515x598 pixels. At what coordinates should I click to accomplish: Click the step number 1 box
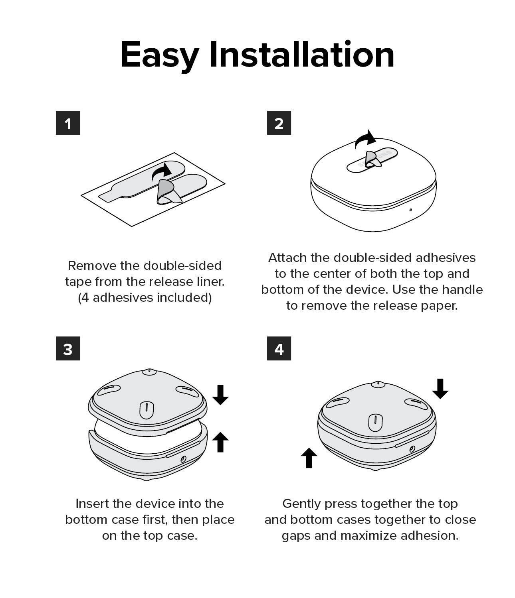pyautogui.click(x=68, y=123)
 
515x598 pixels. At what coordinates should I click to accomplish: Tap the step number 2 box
pyautogui.click(x=279, y=123)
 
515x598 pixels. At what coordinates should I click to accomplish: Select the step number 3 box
pyautogui.click(x=68, y=348)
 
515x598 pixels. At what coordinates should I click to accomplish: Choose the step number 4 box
pyautogui.click(x=279, y=348)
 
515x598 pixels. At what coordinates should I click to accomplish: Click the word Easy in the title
pyautogui.click(x=160, y=55)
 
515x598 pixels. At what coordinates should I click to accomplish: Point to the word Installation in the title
pyautogui.click(x=301, y=54)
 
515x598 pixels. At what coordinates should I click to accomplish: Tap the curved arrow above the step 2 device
pyautogui.click(x=364, y=140)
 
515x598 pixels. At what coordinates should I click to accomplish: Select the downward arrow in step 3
pyautogui.click(x=220, y=395)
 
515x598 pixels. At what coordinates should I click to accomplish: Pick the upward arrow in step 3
pyautogui.click(x=220, y=442)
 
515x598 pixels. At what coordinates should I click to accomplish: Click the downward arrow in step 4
pyautogui.click(x=440, y=389)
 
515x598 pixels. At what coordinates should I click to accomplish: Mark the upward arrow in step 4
pyautogui.click(x=309, y=458)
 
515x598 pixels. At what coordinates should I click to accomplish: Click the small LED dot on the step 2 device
pyautogui.click(x=410, y=210)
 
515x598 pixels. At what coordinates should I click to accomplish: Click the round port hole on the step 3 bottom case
pyautogui.click(x=183, y=459)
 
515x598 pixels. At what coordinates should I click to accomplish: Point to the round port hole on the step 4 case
pyautogui.click(x=412, y=449)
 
